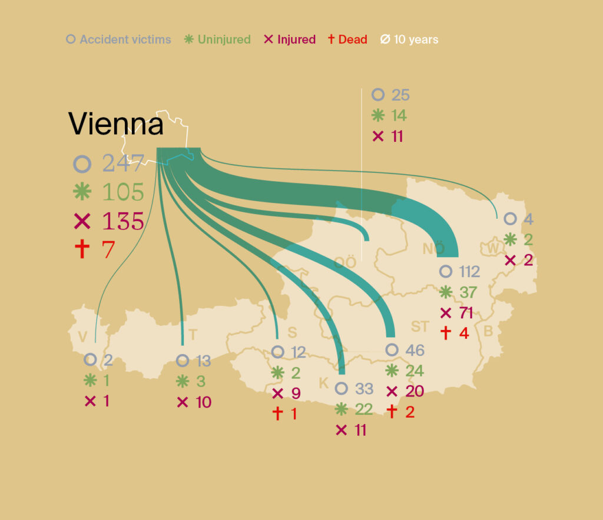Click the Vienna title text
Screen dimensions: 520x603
(116, 124)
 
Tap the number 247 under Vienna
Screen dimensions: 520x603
(123, 164)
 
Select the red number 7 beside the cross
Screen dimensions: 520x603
(108, 249)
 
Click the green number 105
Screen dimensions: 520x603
(123, 192)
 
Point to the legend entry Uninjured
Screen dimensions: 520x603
(224, 40)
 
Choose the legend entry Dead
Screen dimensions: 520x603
(352, 40)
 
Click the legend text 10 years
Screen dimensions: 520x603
(416, 40)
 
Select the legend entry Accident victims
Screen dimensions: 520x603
(125, 40)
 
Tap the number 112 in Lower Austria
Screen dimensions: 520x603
(469, 272)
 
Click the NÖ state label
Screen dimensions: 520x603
(433, 249)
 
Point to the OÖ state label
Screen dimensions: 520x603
(345, 263)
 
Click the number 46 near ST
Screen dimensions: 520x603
(415, 351)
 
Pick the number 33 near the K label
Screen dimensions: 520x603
(364, 389)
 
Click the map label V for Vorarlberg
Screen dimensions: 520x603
(82, 336)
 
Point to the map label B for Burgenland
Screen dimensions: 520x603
(488, 331)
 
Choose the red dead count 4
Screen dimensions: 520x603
(464, 333)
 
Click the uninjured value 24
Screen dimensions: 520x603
(415, 371)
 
